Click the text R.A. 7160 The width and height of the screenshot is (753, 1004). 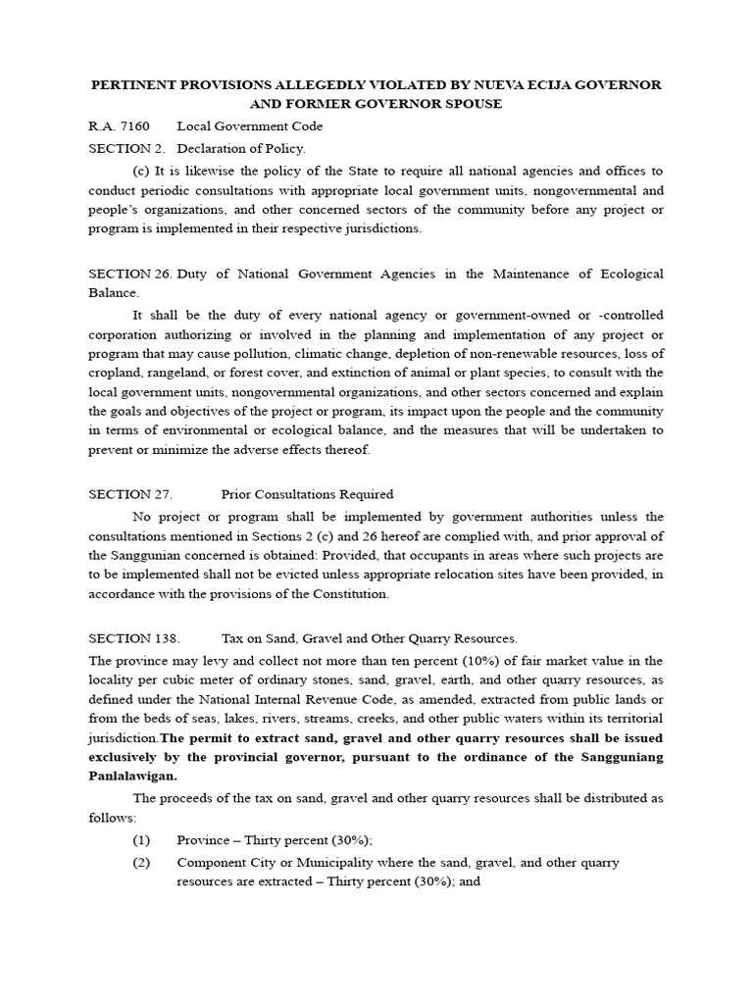tap(115, 126)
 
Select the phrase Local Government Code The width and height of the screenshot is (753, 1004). tap(249, 126)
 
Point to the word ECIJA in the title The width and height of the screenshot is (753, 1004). tap(505, 85)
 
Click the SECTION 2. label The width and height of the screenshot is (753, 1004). tap(122, 149)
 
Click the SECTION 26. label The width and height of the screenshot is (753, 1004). tap(126, 274)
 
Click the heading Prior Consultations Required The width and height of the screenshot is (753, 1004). tap(307, 494)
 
